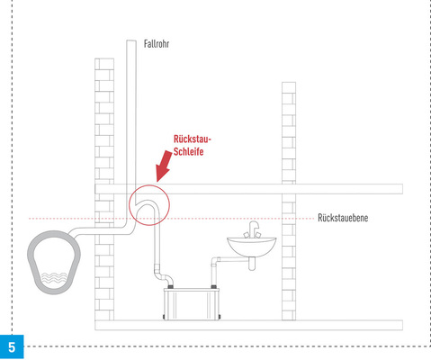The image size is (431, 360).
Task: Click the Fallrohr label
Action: click(x=157, y=44)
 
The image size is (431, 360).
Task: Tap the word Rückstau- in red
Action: click(x=193, y=139)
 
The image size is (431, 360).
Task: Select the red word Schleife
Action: click(x=188, y=151)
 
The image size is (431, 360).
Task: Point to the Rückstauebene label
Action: click(x=343, y=218)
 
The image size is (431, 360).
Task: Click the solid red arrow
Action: click(x=164, y=166)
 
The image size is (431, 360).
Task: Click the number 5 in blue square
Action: click(x=12, y=347)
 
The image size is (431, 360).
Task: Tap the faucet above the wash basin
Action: click(x=253, y=229)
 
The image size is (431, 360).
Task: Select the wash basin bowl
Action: click(x=251, y=247)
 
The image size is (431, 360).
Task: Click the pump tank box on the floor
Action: click(x=192, y=303)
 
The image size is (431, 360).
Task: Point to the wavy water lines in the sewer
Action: click(x=54, y=278)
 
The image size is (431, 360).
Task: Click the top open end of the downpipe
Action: click(x=131, y=40)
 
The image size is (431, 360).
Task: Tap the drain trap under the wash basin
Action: click(x=252, y=264)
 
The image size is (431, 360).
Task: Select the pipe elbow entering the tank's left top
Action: click(x=165, y=277)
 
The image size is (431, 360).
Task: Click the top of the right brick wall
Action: click(x=289, y=83)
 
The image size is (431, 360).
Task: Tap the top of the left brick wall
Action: click(x=104, y=59)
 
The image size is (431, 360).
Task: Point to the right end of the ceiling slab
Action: click(x=402, y=189)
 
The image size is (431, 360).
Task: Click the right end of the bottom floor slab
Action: click(x=402, y=325)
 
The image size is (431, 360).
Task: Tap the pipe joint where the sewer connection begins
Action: click(x=72, y=233)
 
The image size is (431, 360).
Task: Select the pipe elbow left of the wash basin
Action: click(x=215, y=260)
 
